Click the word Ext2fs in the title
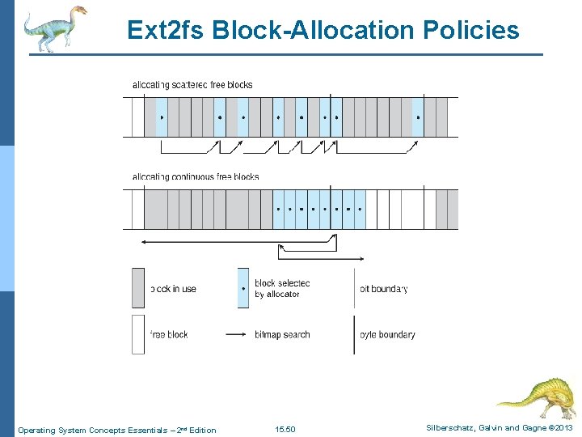[x=167, y=31]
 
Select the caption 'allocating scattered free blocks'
[x=192, y=85]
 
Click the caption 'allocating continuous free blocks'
[x=196, y=176]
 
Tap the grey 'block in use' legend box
[x=138, y=288]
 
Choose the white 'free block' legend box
[x=138, y=334]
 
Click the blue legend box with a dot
[x=243, y=288]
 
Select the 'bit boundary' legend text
[x=383, y=289]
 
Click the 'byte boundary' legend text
[x=387, y=334]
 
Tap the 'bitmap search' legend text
[x=282, y=334]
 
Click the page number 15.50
[x=285, y=429]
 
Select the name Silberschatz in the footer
[x=444, y=428]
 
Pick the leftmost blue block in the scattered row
[x=161, y=117]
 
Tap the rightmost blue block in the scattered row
[x=418, y=117]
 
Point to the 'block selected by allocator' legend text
[x=282, y=288]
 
